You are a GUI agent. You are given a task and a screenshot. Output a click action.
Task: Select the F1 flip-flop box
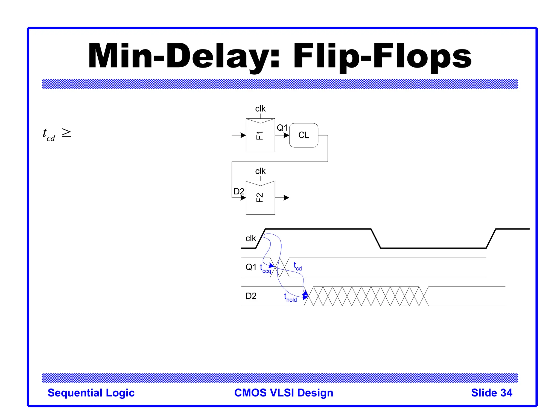tap(260, 135)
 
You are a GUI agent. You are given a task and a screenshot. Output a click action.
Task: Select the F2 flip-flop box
tap(260, 198)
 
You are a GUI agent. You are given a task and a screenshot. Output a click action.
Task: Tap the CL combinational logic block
tap(304, 135)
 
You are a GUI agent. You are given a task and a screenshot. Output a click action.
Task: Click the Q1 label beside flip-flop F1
tap(282, 128)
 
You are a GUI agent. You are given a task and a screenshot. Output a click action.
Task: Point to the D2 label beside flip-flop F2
tap(239, 191)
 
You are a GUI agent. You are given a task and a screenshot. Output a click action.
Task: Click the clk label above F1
tap(260, 109)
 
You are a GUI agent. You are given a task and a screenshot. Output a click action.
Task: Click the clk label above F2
tap(260, 171)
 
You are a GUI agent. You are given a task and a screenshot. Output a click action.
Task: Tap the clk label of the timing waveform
tap(250, 238)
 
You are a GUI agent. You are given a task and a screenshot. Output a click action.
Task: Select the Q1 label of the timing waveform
tap(251, 267)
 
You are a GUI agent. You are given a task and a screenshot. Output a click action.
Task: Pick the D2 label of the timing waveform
tap(251, 296)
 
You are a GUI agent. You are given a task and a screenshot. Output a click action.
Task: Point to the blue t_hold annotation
tap(290, 297)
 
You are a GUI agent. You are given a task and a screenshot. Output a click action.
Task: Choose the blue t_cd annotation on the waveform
tap(297, 266)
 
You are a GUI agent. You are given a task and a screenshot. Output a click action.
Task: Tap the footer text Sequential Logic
tap(91, 393)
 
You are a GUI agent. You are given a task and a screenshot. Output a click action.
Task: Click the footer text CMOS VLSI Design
tap(284, 393)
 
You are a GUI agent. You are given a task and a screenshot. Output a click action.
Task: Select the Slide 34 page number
tap(491, 393)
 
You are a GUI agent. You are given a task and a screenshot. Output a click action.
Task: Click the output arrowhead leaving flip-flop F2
tap(286, 198)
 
